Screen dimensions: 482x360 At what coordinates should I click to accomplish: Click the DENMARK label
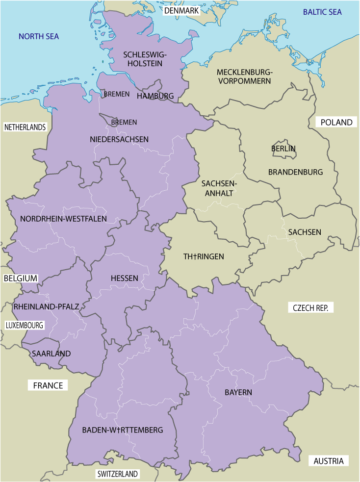coord(181,10)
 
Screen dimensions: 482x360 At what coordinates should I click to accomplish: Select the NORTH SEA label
coord(39,36)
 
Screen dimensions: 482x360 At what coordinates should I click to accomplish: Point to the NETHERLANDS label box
coord(25,127)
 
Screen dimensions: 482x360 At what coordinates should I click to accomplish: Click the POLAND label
coord(336,122)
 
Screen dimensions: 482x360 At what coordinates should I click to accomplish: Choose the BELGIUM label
coord(21,278)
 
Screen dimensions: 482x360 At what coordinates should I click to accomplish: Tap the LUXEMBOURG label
coord(25,325)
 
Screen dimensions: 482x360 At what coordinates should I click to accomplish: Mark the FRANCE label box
coord(48,385)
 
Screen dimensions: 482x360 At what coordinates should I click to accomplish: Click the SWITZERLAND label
coord(118,474)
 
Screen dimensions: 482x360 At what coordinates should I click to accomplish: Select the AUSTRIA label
coord(329,461)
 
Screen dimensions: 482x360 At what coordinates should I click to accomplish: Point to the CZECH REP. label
coord(313,308)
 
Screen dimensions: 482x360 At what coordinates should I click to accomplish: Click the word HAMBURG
coord(155,96)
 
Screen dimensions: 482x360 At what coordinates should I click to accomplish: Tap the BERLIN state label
coord(283,148)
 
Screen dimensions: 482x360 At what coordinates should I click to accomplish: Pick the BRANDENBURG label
coord(295,172)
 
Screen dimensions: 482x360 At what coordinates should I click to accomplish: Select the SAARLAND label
coord(51,353)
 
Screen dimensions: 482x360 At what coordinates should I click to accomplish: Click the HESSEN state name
coord(124,278)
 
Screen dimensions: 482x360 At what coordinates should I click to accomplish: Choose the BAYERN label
coord(238,392)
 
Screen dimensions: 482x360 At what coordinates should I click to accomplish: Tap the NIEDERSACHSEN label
coord(119,139)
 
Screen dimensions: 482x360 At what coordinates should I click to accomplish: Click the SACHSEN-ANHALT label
coord(219,188)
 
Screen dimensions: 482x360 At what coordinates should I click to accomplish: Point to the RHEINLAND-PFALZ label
coord(47,306)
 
